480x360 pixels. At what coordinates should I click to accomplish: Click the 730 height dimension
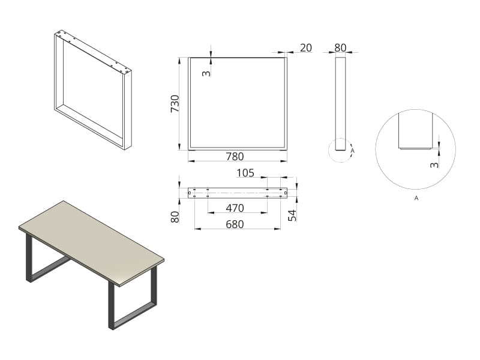[x=175, y=103]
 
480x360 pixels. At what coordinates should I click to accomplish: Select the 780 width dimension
[x=235, y=157]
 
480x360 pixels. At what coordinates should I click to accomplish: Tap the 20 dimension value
[x=306, y=48]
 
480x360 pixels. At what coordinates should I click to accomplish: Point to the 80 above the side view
[x=340, y=48]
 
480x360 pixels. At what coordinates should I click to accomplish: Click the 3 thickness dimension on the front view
[x=207, y=73]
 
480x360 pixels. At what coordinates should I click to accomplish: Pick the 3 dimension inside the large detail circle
[x=434, y=164]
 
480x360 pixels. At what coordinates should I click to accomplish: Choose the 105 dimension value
[x=245, y=173]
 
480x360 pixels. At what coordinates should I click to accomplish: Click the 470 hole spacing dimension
[x=235, y=208]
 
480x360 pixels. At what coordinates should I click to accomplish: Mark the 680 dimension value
[x=235, y=224]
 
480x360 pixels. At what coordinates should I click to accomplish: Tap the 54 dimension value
[x=293, y=215]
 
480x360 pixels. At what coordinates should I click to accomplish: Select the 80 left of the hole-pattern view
[x=175, y=217]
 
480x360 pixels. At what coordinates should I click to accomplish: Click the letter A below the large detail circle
[x=416, y=199]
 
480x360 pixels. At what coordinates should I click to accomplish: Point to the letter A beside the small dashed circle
[x=352, y=151]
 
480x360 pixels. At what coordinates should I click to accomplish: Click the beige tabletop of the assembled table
[x=91, y=241]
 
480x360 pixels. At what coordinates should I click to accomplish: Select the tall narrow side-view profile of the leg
[x=340, y=104]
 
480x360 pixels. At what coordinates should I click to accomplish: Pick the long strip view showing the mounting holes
[x=238, y=193]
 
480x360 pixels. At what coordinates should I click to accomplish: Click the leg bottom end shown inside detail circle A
[x=416, y=146]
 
